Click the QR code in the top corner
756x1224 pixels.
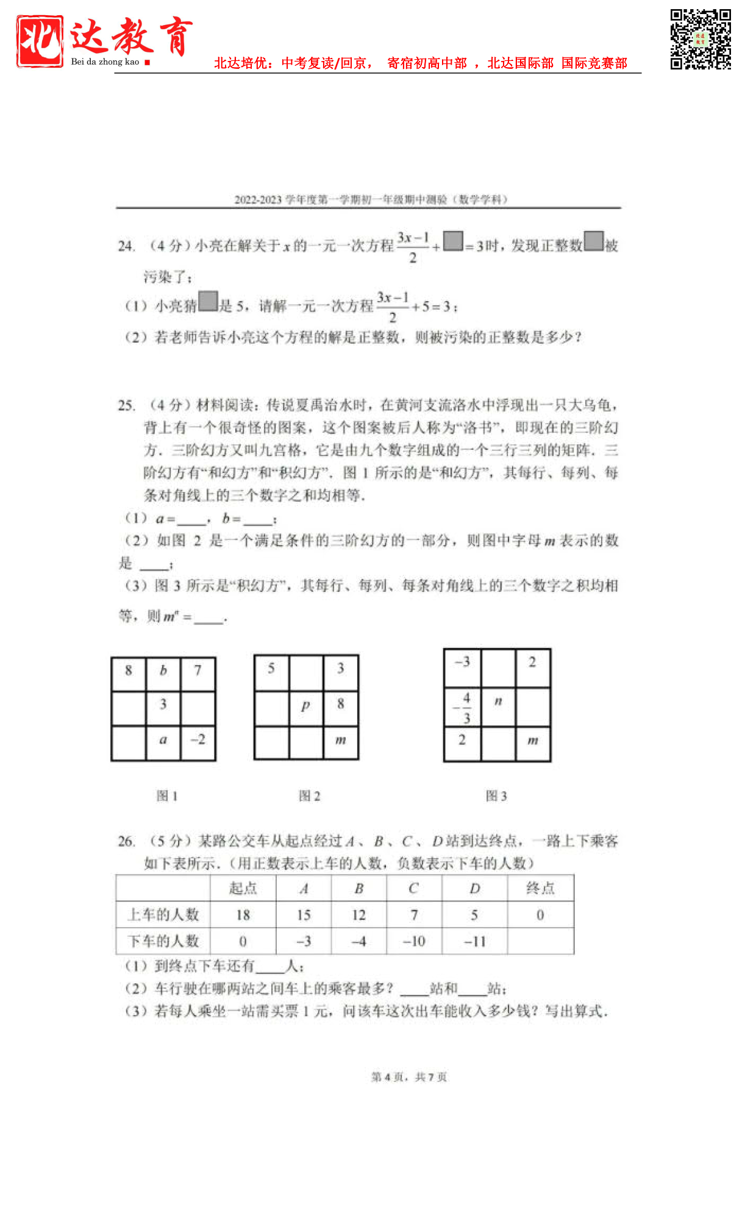click(700, 39)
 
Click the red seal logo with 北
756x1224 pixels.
click(40, 41)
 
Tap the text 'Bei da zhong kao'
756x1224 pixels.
click(105, 62)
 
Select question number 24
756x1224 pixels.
click(126, 246)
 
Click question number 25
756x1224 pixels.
click(126, 405)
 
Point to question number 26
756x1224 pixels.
click(126, 842)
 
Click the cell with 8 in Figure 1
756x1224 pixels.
click(129, 671)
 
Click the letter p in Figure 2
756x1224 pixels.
click(305, 705)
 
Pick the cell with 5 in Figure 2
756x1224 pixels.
click(271, 669)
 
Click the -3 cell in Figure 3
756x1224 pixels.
click(463, 663)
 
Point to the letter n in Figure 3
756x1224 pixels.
click(498, 701)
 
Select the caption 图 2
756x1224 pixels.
click(309, 796)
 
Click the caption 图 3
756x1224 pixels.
click(496, 796)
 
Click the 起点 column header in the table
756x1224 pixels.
click(243, 889)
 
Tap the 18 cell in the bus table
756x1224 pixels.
click(243, 915)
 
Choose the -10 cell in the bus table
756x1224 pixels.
click(414, 942)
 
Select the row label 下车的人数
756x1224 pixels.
click(163, 942)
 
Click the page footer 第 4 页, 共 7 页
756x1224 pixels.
click(409, 1077)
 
